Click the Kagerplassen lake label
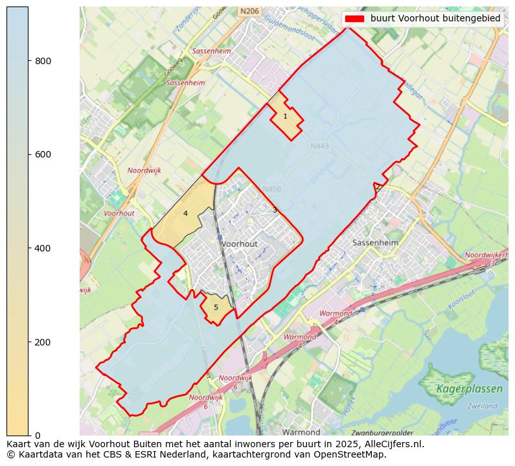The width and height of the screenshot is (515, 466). point(469,389)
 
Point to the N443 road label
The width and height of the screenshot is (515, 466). point(319,146)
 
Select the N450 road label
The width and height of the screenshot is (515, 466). point(272,189)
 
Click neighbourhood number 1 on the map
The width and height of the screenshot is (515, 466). point(285,117)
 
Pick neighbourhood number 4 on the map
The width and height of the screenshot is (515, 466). point(185,213)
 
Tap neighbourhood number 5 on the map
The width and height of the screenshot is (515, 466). point(216,307)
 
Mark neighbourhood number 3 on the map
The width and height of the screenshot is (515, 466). point(275,210)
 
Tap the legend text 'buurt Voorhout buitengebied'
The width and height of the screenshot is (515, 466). point(435,19)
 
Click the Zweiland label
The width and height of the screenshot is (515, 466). point(481,406)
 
